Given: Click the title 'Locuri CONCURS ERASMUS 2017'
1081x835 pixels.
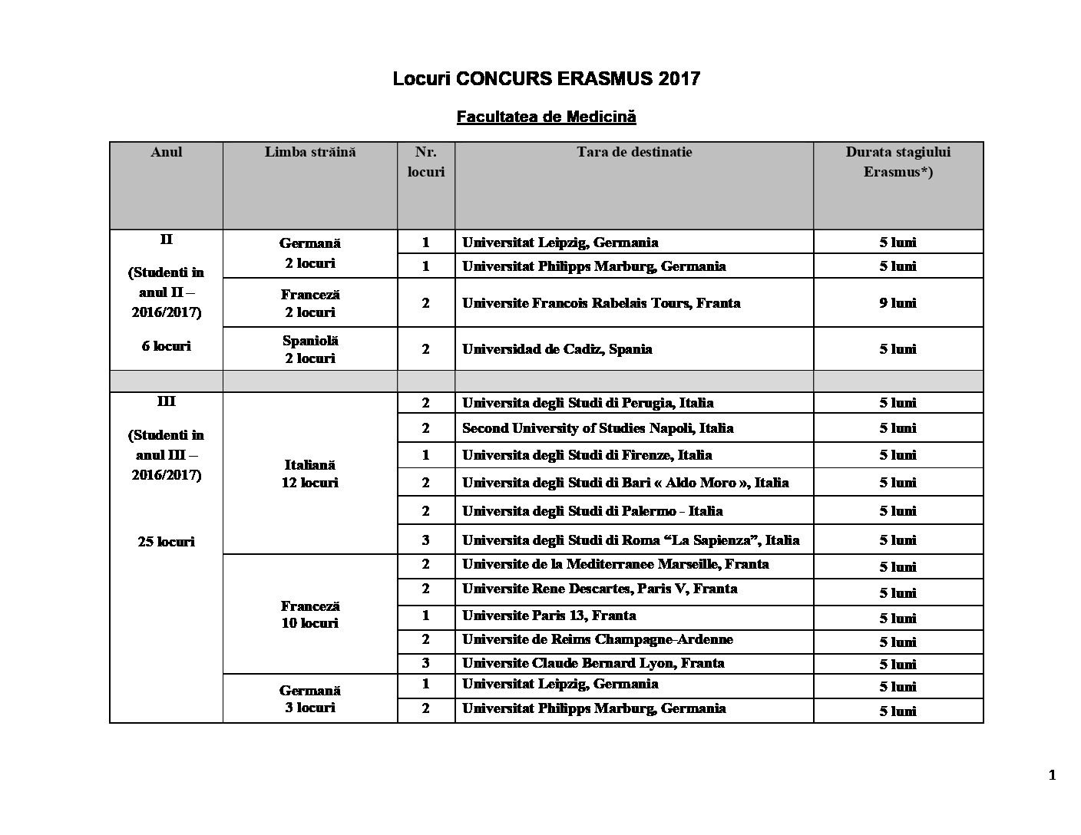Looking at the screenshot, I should pyautogui.click(x=546, y=78).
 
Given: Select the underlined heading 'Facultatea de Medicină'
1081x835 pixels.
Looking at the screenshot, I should pyautogui.click(x=546, y=117).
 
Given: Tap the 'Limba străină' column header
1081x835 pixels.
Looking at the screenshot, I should pyautogui.click(x=310, y=152).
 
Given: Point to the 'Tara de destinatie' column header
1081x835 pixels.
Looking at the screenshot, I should pyautogui.click(x=634, y=152).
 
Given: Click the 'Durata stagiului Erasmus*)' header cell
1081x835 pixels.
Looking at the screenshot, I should pyautogui.click(x=898, y=162).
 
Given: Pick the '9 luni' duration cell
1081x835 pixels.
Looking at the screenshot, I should pyautogui.click(x=898, y=302).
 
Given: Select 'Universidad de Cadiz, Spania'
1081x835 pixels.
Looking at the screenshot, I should pyautogui.click(x=557, y=348).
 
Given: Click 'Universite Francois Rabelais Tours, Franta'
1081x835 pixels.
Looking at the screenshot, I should pyautogui.click(x=601, y=302).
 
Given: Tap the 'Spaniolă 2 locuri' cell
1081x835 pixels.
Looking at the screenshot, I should pyautogui.click(x=310, y=348).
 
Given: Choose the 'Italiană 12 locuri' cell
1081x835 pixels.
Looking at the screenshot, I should pyautogui.click(x=310, y=474).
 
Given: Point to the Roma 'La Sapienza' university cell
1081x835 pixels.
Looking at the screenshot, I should pyautogui.click(x=630, y=540).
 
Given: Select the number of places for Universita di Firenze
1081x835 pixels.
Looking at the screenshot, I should pyautogui.click(x=426, y=454).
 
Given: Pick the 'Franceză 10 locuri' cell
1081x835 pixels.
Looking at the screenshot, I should pyautogui.click(x=310, y=614).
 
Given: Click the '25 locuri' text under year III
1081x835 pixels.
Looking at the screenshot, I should pyautogui.click(x=167, y=541).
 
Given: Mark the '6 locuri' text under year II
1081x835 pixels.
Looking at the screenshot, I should pyautogui.click(x=167, y=345).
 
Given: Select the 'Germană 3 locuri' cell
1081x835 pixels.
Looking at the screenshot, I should pyautogui.click(x=310, y=698).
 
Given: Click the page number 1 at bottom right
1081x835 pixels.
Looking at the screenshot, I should pyautogui.click(x=1052, y=775).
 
